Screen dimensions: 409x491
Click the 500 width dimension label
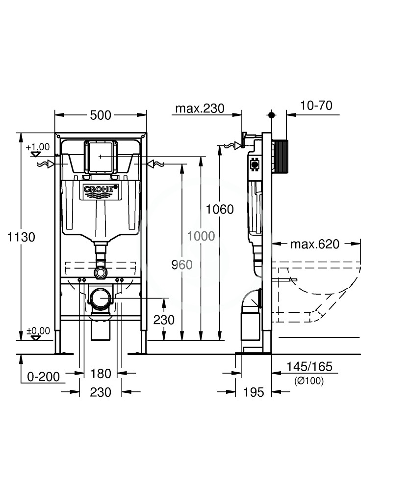click(x=101, y=115)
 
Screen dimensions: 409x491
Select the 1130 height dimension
click(x=21, y=237)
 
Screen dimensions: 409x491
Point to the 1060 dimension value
click(x=220, y=209)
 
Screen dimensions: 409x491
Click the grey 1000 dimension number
click(x=201, y=236)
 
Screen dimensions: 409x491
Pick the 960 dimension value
click(x=182, y=265)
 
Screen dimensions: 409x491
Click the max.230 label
click(x=200, y=109)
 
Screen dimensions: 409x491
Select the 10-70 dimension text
click(x=316, y=106)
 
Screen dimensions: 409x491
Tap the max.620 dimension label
click(x=315, y=244)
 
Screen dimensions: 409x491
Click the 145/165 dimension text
click(x=309, y=366)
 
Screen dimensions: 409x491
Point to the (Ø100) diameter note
click(x=309, y=381)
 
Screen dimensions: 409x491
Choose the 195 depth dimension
click(x=254, y=392)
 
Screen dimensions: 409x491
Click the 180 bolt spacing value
click(x=101, y=374)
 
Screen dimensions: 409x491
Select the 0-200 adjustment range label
click(x=44, y=377)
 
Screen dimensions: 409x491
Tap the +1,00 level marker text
click(x=38, y=147)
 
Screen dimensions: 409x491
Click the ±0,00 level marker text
click(x=38, y=330)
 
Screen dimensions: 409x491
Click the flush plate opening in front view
click(x=101, y=157)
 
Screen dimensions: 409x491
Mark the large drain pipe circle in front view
click(x=101, y=299)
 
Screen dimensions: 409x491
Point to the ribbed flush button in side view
click(x=280, y=156)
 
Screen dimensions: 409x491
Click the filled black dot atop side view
click(x=271, y=115)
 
